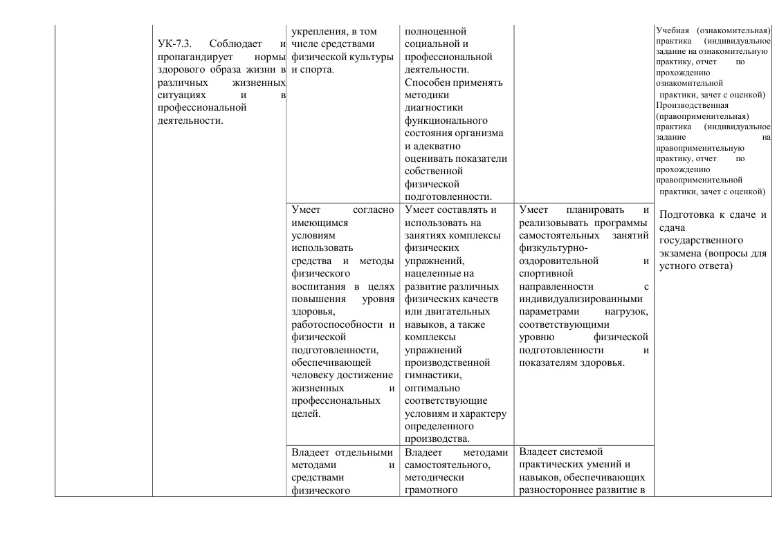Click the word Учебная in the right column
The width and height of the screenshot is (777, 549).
tap(673, 31)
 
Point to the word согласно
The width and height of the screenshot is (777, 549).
tap(373, 210)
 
